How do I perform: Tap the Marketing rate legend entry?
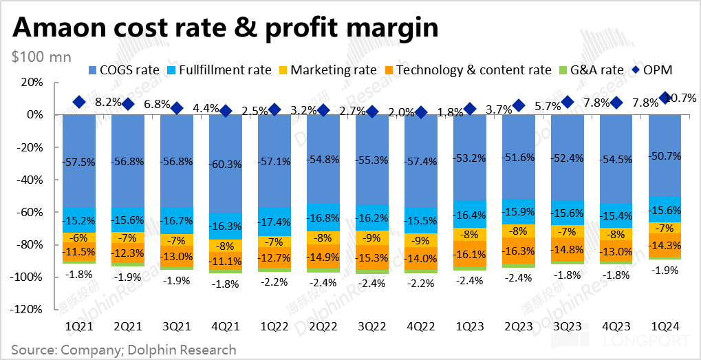click(327, 70)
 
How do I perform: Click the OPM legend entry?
click(651, 70)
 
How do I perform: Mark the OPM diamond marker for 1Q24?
click(665, 98)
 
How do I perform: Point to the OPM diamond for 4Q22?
click(421, 112)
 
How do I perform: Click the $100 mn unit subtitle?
click(41, 56)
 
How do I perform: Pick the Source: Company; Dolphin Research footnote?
click(124, 350)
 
